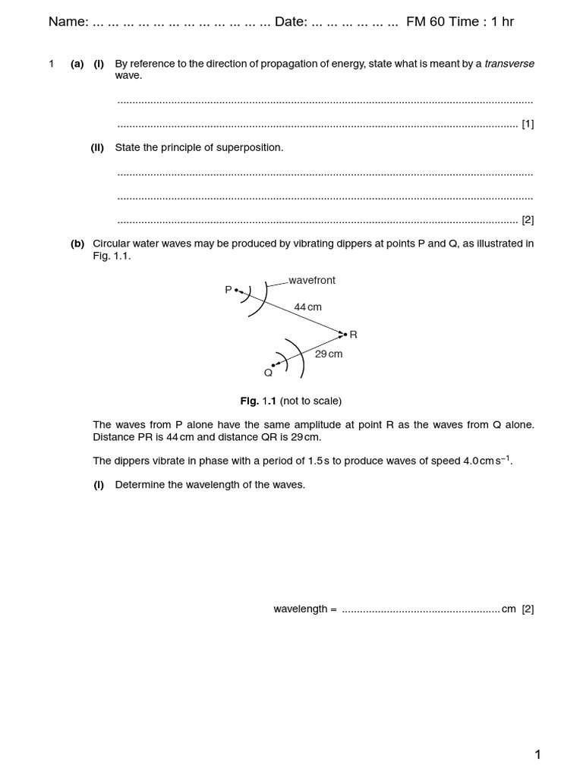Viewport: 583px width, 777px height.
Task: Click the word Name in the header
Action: (67, 22)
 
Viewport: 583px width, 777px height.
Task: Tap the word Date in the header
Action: (289, 22)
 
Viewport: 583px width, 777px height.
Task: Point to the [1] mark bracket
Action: (528, 124)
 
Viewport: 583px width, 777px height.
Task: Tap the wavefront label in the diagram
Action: (312, 280)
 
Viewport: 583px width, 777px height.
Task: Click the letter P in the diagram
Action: (228, 290)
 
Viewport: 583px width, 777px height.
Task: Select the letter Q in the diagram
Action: (268, 373)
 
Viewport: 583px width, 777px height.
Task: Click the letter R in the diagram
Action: (353, 335)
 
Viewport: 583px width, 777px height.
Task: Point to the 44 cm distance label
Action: (308, 307)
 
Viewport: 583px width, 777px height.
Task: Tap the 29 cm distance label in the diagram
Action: (329, 354)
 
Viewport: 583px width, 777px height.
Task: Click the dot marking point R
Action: (345, 334)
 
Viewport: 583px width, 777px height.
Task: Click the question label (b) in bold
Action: (77, 244)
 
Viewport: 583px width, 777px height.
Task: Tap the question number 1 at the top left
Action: (52, 64)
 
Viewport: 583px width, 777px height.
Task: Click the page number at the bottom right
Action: (537, 754)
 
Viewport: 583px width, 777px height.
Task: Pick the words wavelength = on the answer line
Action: (304, 609)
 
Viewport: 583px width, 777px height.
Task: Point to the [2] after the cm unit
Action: (528, 609)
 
